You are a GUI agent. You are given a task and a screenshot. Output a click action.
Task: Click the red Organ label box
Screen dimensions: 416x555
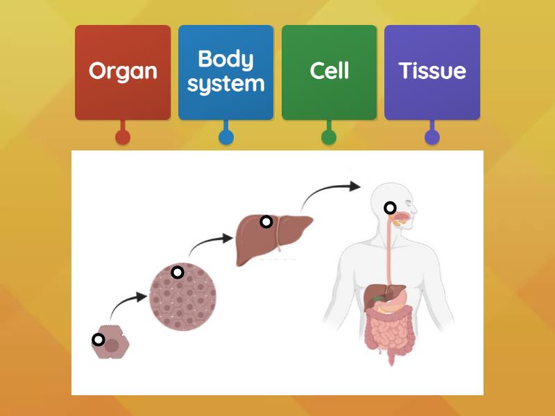pyautogui.click(x=123, y=72)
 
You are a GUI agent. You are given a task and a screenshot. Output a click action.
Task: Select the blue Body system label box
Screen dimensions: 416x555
pyautogui.click(x=225, y=72)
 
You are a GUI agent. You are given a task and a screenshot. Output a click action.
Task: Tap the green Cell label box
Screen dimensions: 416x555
pyautogui.click(x=329, y=72)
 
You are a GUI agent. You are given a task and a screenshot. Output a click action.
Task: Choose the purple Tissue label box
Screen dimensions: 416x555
pyautogui.click(x=432, y=72)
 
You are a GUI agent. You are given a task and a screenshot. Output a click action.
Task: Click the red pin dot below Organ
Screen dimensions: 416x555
pyautogui.click(x=123, y=137)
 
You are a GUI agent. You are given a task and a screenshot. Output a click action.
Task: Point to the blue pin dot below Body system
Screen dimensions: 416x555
pyautogui.click(x=225, y=137)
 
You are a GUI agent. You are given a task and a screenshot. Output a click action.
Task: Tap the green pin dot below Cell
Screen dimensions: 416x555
pyautogui.click(x=329, y=137)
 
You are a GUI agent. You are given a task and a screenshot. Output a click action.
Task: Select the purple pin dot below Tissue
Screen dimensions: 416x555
pyautogui.click(x=432, y=137)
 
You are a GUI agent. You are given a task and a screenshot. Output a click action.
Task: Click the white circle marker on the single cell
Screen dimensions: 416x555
pyautogui.click(x=99, y=340)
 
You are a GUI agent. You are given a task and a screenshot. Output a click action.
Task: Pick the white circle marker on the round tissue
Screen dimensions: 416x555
pyautogui.click(x=177, y=272)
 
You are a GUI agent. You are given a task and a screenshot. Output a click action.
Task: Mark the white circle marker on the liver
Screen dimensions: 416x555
pyautogui.click(x=266, y=222)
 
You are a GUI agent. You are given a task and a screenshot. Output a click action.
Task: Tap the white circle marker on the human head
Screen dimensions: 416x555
pyautogui.click(x=391, y=207)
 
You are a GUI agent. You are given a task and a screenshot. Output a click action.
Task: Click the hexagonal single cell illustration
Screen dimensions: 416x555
pyautogui.click(x=111, y=343)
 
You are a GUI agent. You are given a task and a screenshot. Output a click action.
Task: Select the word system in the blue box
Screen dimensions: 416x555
pyautogui.click(x=225, y=85)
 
